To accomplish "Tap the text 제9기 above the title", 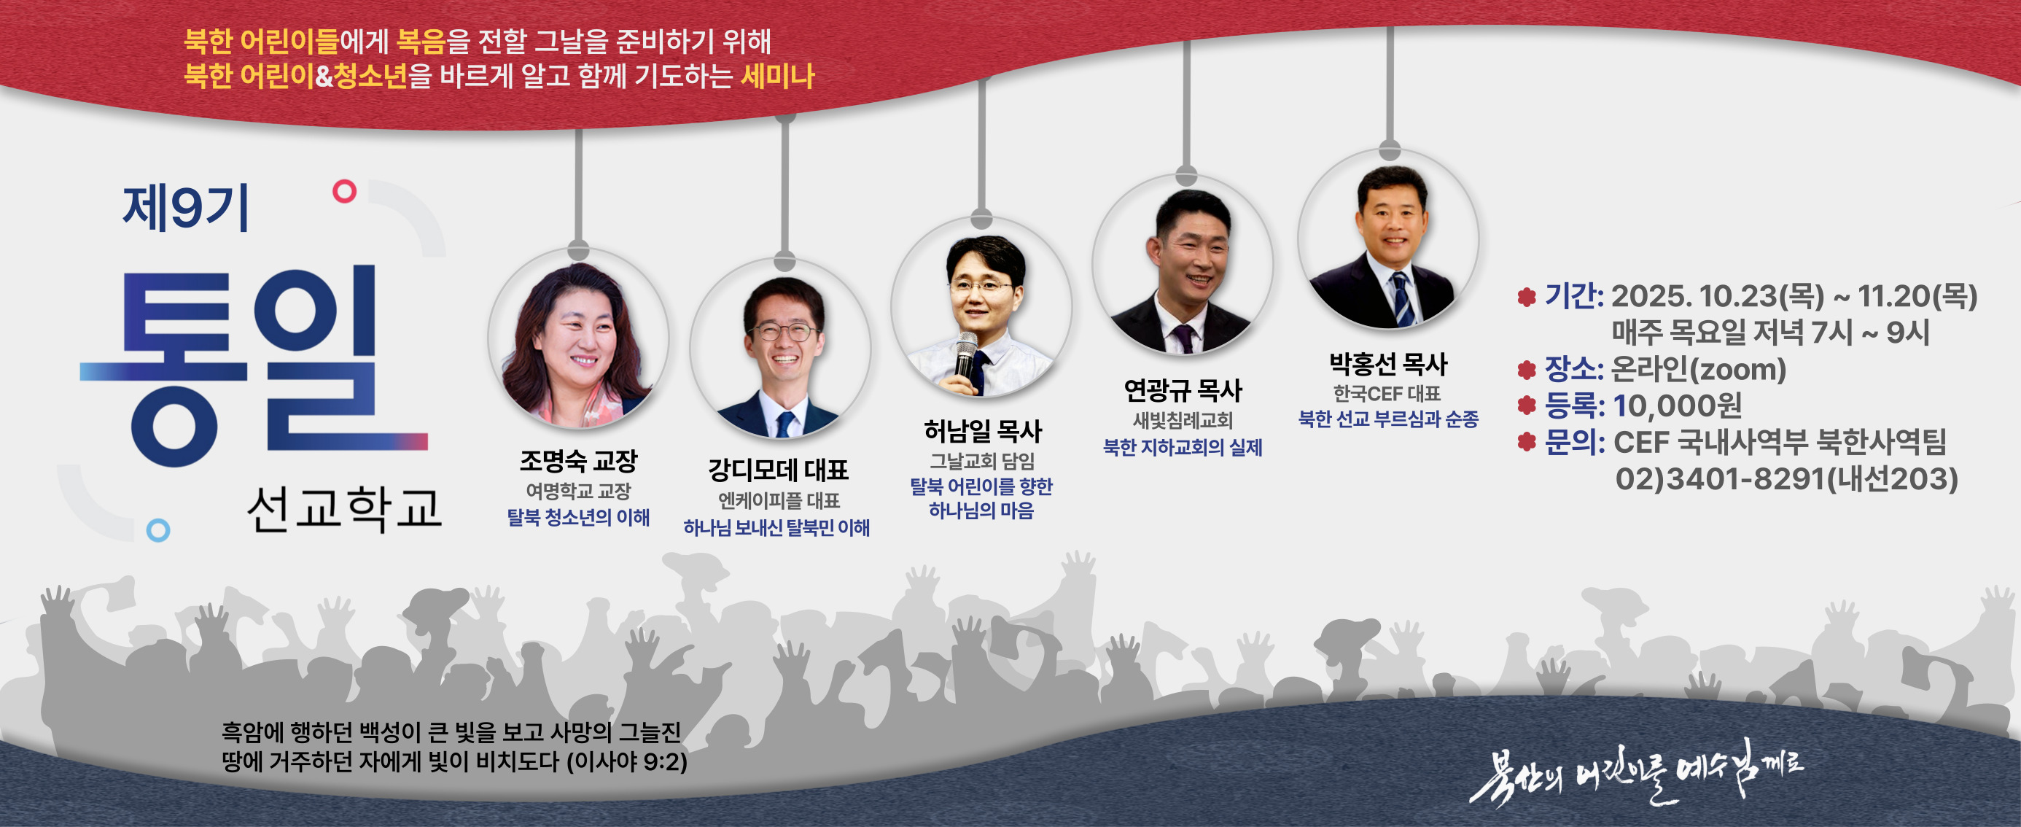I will point(186,209).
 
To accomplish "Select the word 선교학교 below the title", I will point(344,509).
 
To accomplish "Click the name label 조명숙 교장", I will point(578,462).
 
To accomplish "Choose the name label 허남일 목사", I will point(982,431).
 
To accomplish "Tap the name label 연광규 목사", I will point(1183,390).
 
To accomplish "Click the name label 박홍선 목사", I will point(1388,364).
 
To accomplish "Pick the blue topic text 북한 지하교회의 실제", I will point(1183,448).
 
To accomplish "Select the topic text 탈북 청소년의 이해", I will point(578,518).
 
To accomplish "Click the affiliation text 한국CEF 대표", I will point(1387,393).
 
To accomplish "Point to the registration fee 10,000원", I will point(1678,405).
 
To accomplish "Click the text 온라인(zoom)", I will point(1699,370).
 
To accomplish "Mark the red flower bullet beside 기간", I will point(1526,297).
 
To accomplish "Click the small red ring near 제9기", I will point(344,190).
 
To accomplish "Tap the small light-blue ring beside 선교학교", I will point(158,530).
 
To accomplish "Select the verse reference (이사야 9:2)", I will point(627,762).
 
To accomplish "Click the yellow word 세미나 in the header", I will point(777,77).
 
